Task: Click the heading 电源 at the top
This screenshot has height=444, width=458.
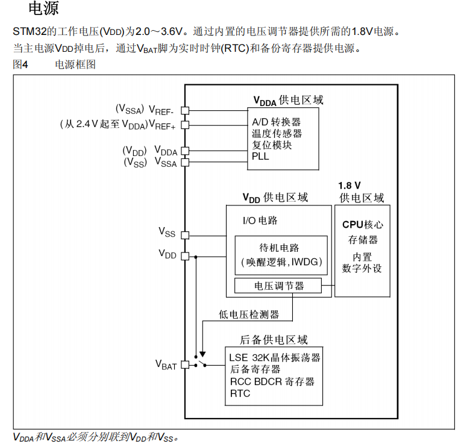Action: point(44,9)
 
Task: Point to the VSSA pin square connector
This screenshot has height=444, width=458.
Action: point(185,162)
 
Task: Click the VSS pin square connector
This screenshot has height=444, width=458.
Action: point(185,235)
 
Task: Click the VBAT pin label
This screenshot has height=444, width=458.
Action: point(166,364)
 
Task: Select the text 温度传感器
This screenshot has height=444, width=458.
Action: point(277,133)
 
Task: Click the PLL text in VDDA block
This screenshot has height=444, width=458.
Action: point(260,157)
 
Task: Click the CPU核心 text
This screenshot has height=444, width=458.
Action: point(362,224)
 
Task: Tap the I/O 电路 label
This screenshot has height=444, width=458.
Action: point(260,220)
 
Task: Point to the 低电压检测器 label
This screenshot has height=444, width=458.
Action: point(249,314)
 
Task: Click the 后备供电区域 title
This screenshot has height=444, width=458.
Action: point(274,340)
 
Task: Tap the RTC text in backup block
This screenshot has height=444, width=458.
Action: point(240,393)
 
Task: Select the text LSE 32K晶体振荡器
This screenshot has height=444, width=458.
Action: point(275,357)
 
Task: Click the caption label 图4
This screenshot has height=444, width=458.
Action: point(20,64)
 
